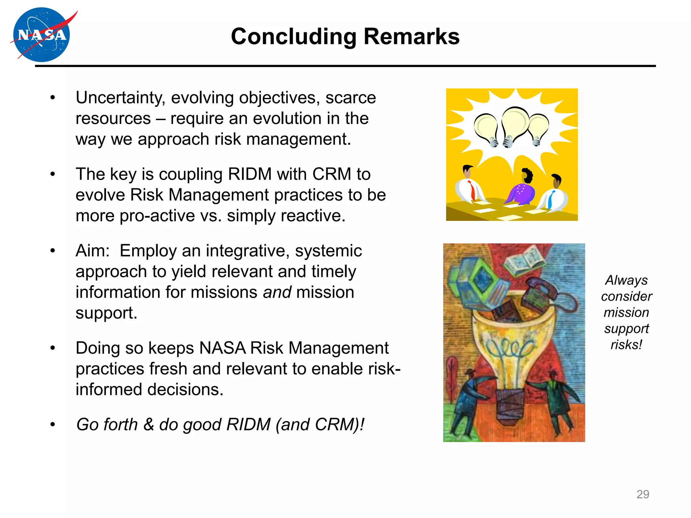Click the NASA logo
41,35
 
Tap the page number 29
642,494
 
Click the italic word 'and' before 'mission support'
277,292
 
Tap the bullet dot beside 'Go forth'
53,425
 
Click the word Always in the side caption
626,280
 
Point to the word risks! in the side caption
626,345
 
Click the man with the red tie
470,187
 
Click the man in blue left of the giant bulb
467,401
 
